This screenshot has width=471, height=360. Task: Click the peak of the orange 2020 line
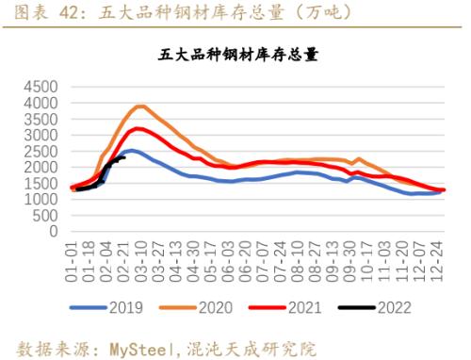pos(140,106)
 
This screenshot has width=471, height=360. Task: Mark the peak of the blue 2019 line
pos(132,150)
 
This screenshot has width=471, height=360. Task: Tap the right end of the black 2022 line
pos(124,158)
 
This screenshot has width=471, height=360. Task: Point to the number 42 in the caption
pos(75,12)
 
